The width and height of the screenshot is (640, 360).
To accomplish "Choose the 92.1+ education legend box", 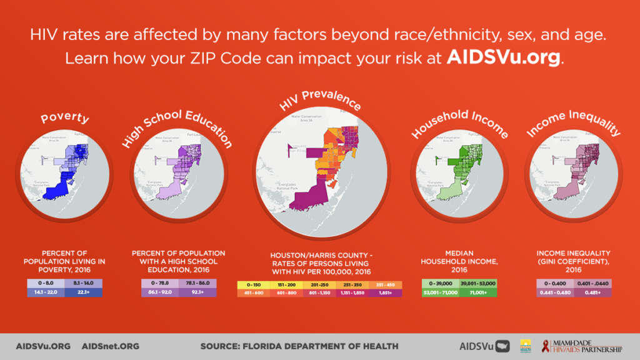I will pyautogui.click(x=197, y=292).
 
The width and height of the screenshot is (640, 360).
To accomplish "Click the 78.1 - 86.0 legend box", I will pyautogui.click(x=197, y=283).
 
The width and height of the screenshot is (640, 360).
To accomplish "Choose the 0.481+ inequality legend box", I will pyautogui.click(x=591, y=292).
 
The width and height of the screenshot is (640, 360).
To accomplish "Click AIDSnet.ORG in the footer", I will pyautogui.click(x=111, y=346).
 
